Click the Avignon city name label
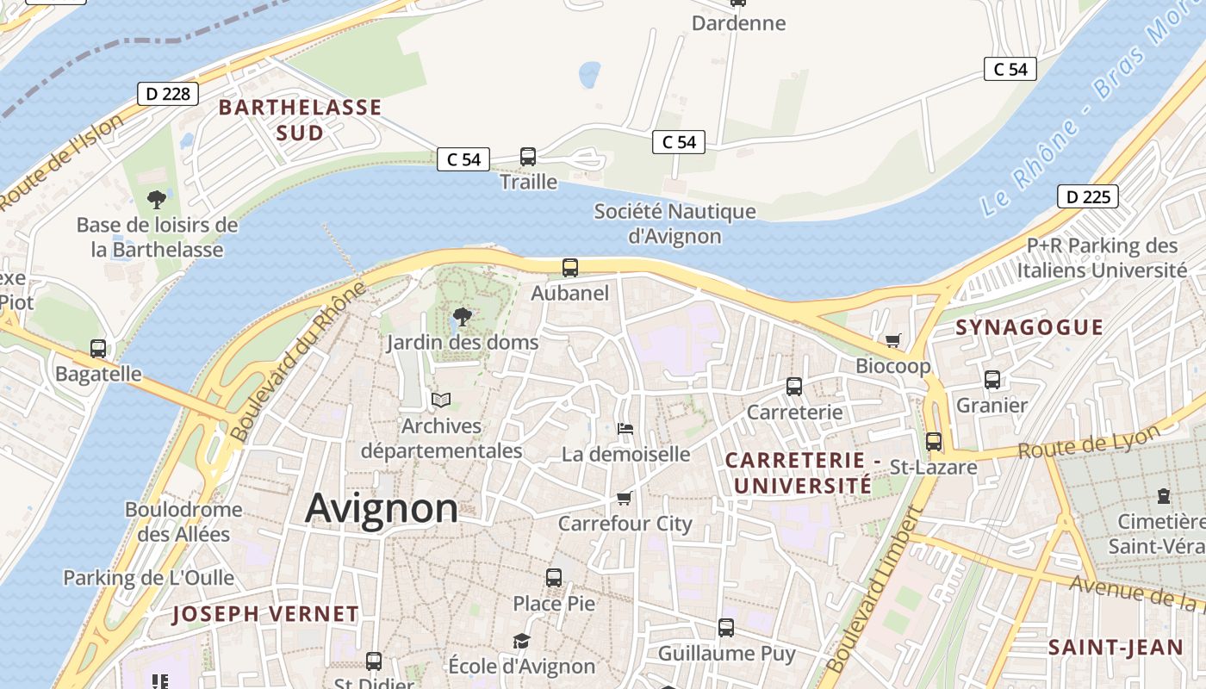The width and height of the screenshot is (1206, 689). pos(382,508)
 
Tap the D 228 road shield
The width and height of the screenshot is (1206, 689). pos(168,94)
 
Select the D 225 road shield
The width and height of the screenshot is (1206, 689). pos(1087,197)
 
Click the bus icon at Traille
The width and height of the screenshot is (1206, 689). pos(528,157)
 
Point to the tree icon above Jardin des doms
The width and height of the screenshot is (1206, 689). pos(463,316)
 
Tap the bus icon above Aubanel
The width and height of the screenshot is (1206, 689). pos(570,267)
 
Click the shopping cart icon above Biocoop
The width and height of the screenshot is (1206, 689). pos(892,341)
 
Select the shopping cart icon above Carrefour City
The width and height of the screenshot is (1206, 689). pos(625,498)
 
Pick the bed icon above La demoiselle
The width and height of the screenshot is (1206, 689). pos(626,428)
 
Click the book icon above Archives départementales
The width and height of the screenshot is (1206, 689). pos(441,400)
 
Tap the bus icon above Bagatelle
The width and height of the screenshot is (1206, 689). pos(98,349)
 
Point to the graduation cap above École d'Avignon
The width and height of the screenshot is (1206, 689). pos(521,641)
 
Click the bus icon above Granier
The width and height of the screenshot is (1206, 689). pos(992,379)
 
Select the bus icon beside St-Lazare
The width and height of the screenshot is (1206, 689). pos(934,442)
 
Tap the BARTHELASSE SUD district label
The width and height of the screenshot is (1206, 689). pos(299,120)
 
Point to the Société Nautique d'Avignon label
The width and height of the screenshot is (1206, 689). pos(674,223)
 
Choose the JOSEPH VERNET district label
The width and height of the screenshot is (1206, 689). pos(265,614)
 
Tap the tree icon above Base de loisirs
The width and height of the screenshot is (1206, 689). pos(157,200)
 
